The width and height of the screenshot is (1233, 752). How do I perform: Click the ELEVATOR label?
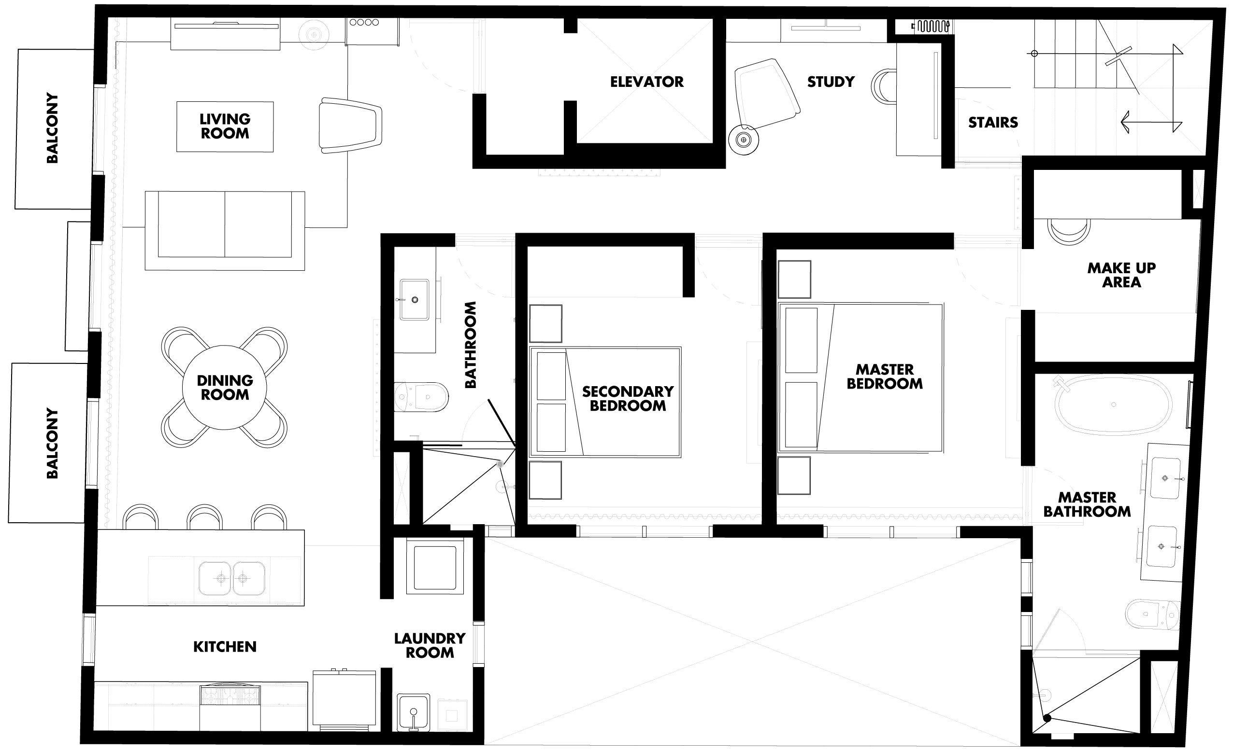point(646,82)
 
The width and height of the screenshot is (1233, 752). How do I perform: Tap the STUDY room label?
point(831,82)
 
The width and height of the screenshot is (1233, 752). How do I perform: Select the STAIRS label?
point(993,123)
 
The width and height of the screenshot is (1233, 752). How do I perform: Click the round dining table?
point(225,387)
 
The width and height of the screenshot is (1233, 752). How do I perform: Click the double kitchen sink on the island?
point(232,579)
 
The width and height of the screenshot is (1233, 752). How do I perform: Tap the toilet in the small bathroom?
point(421,397)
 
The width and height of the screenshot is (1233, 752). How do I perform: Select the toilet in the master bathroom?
point(1152,614)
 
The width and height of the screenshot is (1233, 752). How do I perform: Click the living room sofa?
point(225,231)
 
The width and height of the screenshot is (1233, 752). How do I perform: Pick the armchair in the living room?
point(350,125)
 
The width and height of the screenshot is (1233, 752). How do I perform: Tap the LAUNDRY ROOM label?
point(430,645)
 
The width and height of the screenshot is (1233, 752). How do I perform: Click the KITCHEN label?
point(225,647)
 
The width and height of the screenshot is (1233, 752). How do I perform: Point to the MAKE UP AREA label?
point(1121,275)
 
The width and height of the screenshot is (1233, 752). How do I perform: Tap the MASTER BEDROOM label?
point(884,376)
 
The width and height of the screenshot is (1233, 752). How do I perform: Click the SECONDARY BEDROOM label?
point(628,399)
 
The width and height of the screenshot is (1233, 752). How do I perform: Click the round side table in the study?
point(744,139)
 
